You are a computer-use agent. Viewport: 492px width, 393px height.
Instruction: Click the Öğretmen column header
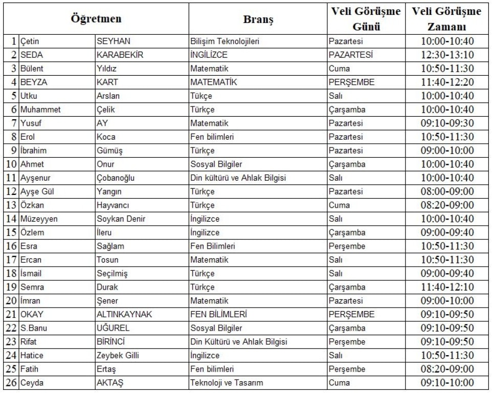96,19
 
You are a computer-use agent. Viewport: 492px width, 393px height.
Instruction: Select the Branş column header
258,19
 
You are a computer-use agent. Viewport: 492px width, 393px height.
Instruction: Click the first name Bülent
32,69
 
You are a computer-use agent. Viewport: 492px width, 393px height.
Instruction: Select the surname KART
106,82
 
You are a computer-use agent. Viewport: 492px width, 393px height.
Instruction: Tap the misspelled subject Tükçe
201,96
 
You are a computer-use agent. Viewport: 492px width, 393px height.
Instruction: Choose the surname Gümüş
109,150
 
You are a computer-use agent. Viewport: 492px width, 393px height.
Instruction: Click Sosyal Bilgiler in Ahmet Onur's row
216,164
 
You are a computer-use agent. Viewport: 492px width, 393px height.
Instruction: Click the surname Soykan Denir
121,219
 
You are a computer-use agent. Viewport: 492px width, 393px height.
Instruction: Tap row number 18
11,273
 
